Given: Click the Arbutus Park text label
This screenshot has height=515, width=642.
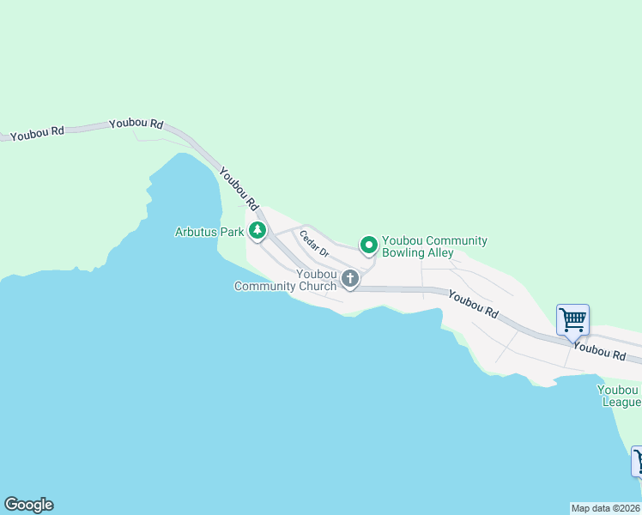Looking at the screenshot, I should click(209, 232).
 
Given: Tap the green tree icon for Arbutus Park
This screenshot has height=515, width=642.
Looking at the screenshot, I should click(257, 230).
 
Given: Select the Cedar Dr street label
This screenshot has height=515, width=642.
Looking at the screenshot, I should click(314, 243).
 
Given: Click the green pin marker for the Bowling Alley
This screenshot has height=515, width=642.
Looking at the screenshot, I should click(368, 245).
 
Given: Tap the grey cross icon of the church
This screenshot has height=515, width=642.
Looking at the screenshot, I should click(349, 278).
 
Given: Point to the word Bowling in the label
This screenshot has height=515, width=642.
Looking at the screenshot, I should click(405, 253).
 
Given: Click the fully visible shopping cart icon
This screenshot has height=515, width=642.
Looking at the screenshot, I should click(572, 320).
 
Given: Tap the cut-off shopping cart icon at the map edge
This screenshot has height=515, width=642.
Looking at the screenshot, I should click(637, 461).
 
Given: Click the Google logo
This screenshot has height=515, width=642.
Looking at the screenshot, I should click(28, 505).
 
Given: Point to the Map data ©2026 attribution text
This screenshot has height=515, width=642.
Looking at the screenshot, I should click(606, 508).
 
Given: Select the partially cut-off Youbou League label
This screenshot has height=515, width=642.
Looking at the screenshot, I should click(619, 396).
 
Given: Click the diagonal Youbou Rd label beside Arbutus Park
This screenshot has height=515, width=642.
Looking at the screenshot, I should click(239, 189).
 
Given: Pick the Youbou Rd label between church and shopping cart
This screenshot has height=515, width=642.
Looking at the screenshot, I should click(473, 305).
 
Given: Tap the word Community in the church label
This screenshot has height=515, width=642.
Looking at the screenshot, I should click(265, 286).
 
